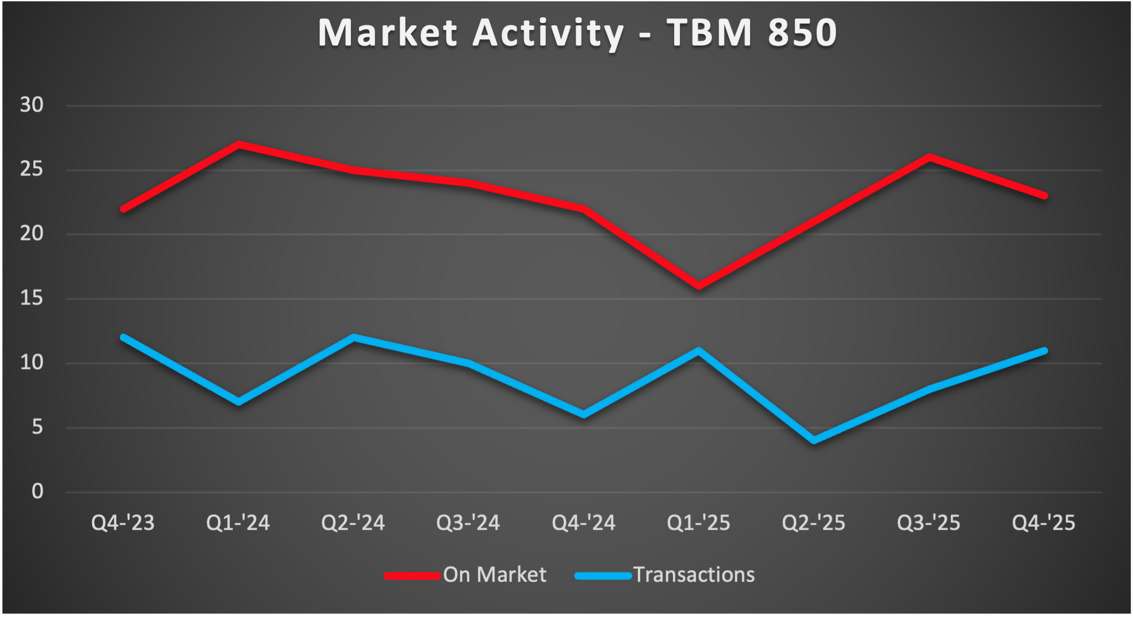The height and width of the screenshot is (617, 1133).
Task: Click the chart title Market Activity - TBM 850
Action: click(577, 33)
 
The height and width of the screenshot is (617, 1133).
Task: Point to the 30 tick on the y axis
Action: click(32, 105)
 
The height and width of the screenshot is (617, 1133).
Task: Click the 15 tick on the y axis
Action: click(32, 298)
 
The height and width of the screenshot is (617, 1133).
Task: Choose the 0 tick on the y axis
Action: click(37, 491)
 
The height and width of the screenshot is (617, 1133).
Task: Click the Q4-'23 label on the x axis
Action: click(123, 523)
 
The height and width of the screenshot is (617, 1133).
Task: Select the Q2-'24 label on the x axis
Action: click(353, 523)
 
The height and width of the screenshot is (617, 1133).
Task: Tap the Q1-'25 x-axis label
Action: click(698, 523)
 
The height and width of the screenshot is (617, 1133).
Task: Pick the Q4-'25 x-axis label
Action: click(1043, 523)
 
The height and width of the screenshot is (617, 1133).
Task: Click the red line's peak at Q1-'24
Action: click(239, 144)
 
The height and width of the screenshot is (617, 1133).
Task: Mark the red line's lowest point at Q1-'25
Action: click(699, 286)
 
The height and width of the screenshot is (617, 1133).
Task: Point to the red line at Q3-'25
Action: click(929, 157)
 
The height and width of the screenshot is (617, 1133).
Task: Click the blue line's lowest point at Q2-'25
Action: click(814, 440)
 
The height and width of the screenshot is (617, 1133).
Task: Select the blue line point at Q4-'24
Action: click(584, 414)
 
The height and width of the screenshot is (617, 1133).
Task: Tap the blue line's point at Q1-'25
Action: click(699, 351)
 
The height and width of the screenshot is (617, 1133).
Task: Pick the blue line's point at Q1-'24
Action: click(239, 402)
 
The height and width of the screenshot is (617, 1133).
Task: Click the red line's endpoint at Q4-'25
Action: click(1044, 196)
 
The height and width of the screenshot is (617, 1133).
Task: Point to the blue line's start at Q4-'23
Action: click(124, 337)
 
